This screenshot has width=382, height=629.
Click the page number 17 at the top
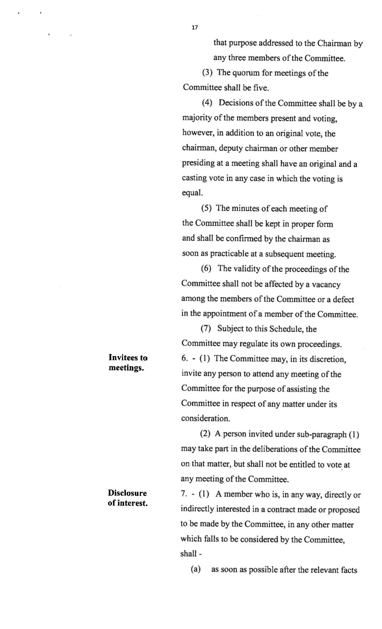point(194,27)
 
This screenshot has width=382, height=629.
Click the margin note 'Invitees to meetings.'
point(128,363)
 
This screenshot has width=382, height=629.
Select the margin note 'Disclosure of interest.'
point(127,498)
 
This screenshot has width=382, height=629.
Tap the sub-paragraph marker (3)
point(208,73)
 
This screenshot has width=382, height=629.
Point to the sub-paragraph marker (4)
point(207,103)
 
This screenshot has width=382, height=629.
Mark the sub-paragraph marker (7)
point(206,329)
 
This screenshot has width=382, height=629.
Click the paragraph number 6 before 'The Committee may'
point(184,359)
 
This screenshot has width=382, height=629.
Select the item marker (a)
point(195,569)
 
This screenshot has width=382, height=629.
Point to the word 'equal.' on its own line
point(193,193)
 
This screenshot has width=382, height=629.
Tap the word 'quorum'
point(246,73)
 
